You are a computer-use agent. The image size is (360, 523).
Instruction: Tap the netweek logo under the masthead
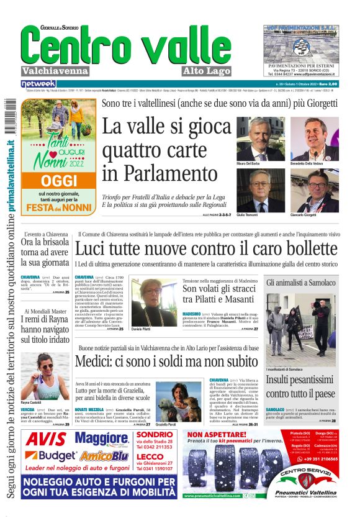pyautogui.click(x=38, y=83)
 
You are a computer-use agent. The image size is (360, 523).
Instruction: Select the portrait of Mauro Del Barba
pyautogui.click(x=260, y=139)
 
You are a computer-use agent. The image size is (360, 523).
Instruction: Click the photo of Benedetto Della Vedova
pyautogui.click(x=314, y=139)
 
